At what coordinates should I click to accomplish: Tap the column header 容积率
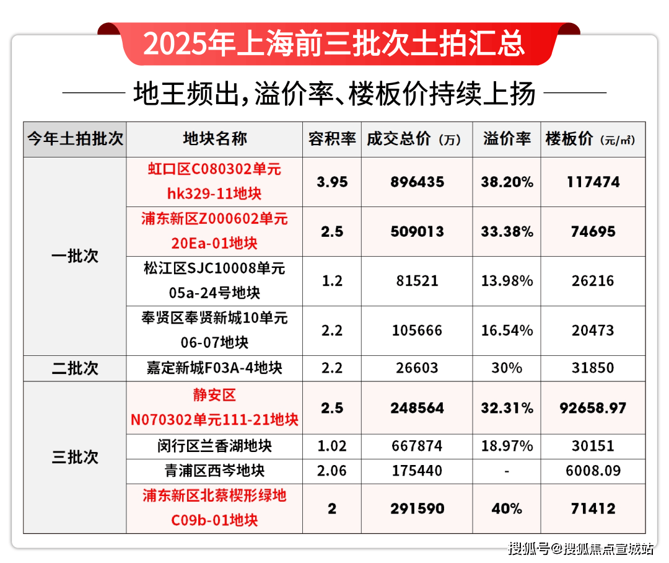click(x=332, y=139)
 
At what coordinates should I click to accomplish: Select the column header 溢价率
click(x=507, y=139)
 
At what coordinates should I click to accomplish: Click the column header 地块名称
click(x=214, y=139)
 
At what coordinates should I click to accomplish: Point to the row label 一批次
click(x=75, y=256)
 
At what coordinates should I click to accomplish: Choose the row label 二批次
click(x=75, y=368)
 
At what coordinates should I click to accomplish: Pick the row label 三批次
click(x=75, y=458)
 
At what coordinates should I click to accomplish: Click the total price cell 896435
click(x=418, y=182)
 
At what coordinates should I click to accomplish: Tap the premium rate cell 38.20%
click(x=507, y=182)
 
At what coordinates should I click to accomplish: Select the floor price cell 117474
click(x=593, y=182)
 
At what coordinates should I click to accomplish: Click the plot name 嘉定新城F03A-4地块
click(x=214, y=368)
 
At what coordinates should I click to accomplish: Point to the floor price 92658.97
click(x=593, y=409)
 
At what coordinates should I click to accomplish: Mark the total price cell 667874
click(x=418, y=446)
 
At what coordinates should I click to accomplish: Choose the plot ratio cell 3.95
click(x=332, y=182)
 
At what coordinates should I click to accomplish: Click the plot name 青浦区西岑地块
click(x=214, y=471)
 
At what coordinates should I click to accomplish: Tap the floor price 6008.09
click(x=593, y=471)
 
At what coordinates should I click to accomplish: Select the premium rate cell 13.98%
click(x=507, y=281)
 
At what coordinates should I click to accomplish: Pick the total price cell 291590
click(x=418, y=508)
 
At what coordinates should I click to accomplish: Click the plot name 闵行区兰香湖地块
click(x=214, y=446)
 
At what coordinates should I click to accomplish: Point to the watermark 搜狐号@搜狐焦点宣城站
click(x=581, y=548)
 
